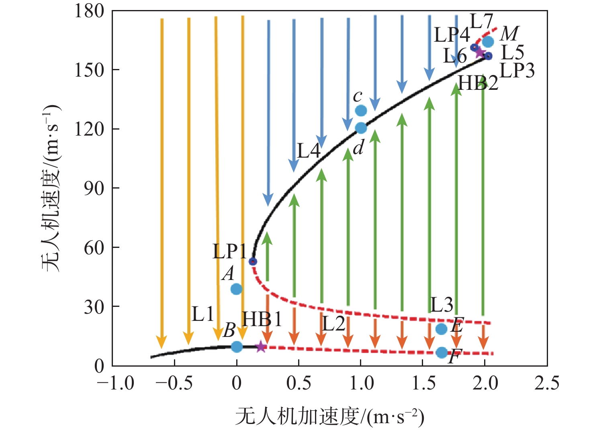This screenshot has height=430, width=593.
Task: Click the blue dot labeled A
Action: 236,289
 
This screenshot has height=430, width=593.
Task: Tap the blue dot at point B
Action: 237,347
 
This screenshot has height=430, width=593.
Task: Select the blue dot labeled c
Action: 361,110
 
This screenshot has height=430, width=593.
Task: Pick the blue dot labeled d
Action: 361,128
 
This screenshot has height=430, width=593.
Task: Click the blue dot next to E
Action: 441,329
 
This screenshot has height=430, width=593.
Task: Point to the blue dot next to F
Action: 442,353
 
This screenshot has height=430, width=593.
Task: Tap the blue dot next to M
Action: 488,41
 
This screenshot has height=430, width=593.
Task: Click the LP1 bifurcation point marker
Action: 253,262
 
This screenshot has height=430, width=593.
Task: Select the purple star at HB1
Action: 261,347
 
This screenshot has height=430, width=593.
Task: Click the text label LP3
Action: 517,71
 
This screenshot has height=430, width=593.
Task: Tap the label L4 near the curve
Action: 309,151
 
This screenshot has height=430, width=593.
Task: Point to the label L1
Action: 202,314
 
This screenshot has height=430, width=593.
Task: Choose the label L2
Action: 333,323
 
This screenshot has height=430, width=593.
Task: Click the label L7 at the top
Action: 481,22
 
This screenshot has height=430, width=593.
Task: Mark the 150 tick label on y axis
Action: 89,70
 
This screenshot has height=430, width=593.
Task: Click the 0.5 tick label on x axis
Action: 299,383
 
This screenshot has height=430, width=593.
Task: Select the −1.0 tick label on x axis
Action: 116,383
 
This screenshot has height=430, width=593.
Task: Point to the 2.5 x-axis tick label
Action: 546,383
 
